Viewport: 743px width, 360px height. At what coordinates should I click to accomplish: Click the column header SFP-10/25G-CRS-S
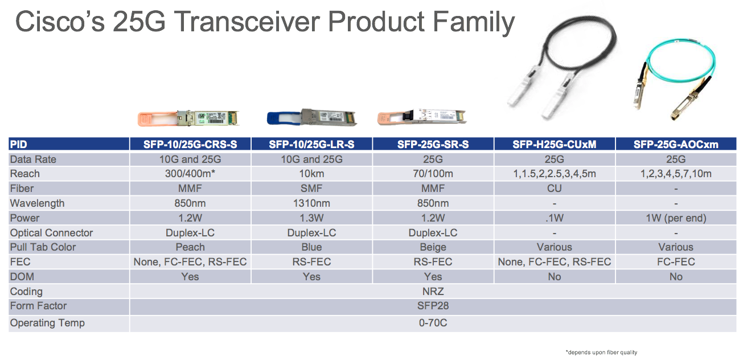point(190,145)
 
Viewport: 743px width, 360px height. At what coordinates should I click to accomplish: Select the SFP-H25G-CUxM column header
point(554,145)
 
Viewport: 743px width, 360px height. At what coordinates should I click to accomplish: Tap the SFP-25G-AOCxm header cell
point(676,145)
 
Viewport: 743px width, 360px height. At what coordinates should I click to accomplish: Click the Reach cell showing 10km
point(311,174)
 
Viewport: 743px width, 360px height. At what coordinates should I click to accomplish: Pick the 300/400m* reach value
point(190,174)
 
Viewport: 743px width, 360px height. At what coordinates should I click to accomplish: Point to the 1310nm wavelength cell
point(311,203)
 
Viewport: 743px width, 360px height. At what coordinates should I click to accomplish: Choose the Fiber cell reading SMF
point(311,189)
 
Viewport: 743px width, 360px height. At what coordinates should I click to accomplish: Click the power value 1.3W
point(311,218)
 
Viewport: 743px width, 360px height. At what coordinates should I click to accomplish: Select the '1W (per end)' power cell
point(676,218)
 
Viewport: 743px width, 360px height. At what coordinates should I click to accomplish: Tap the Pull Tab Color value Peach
point(190,247)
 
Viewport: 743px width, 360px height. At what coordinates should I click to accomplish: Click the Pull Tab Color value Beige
point(433,247)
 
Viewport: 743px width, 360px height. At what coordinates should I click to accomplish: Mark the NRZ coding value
point(433,291)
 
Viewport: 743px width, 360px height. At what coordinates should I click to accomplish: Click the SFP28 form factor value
point(433,306)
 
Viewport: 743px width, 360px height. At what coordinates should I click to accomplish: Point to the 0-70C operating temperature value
point(433,323)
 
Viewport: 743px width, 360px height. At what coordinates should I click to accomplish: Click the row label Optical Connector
point(51,233)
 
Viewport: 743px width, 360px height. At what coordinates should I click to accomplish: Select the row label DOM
point(22,277)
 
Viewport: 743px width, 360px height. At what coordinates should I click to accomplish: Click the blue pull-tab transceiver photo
point(311,117)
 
